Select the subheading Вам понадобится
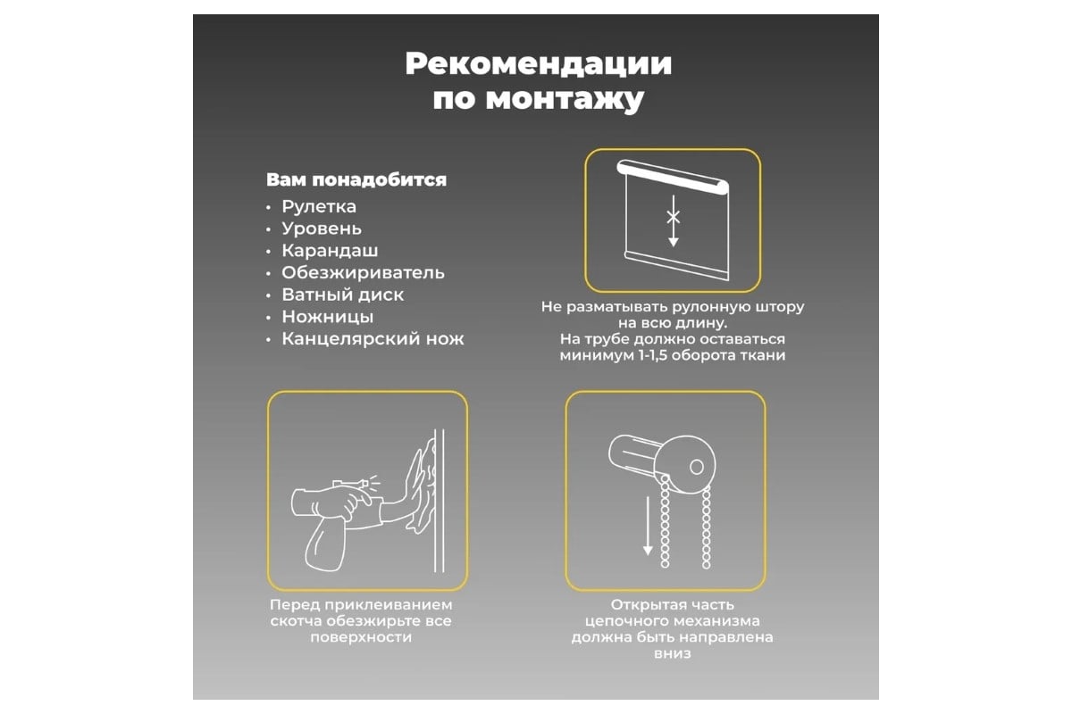coord(356,179)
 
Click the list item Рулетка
coord(319,207)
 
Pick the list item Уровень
coord(322,229)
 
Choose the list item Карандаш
coord(330,251)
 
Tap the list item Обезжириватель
coord(363,273)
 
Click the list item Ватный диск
coord(343,295)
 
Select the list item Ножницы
coord(327,317)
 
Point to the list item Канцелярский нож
coord(373,339)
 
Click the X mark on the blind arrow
coord(674,217)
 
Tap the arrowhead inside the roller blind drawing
coord(674,242)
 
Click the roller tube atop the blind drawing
coord(673,177)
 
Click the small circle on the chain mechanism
coord(697,467)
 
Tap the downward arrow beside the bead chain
coord(648,526)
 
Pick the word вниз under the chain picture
coord(673,653)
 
